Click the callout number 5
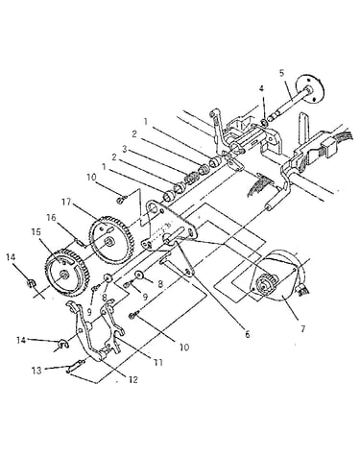click(281, 73)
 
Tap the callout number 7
click(302, 328)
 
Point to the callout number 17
click(66, 202)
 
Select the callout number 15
click(36, 232)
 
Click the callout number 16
click(51, 218)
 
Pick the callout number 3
click(125, 149)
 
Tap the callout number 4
click(261, 88)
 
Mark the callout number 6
click(247, 334)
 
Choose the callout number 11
click(158, 362)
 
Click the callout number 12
click(133, 379)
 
